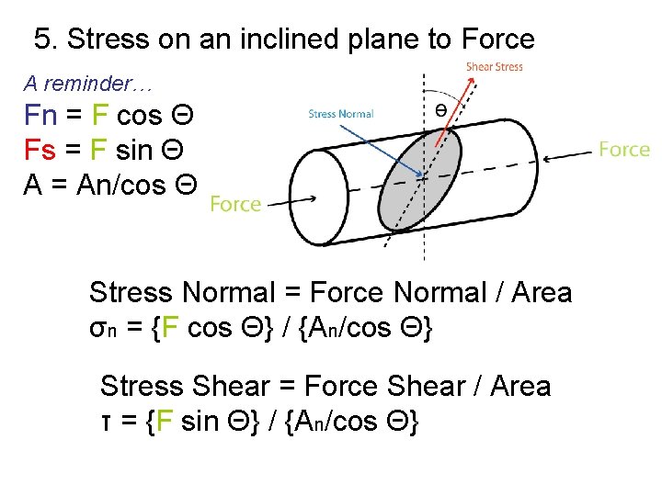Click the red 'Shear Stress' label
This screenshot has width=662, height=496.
click(x=494, y=67)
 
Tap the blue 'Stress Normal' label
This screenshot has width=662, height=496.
click(x=341, y=114)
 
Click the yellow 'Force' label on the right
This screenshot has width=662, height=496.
click(x=623, y=150)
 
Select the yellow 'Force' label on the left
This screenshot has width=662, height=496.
click(x=235, y=204)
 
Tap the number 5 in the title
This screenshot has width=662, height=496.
click(x=42, y=39)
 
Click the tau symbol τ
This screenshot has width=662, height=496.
click(x=106, y=423)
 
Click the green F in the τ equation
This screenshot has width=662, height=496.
click(x=165, y=423)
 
